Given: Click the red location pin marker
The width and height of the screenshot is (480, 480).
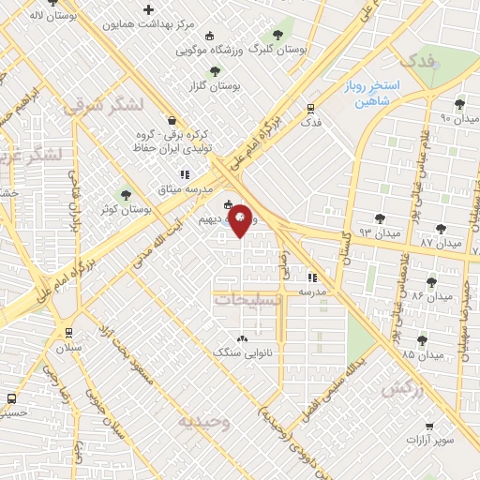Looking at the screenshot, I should coord(241,220).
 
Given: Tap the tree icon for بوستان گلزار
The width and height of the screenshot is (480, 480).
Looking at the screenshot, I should coord(215,71).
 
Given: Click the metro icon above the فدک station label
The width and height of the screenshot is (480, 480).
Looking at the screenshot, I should coord(310,109).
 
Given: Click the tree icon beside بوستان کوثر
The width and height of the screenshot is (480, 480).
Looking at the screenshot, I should coord(126,195).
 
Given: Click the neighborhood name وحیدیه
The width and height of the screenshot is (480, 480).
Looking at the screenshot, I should coord(203,422).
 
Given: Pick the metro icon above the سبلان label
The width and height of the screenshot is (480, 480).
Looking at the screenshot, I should coord(67,333).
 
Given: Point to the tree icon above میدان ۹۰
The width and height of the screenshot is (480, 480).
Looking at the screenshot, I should coord(458,105).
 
